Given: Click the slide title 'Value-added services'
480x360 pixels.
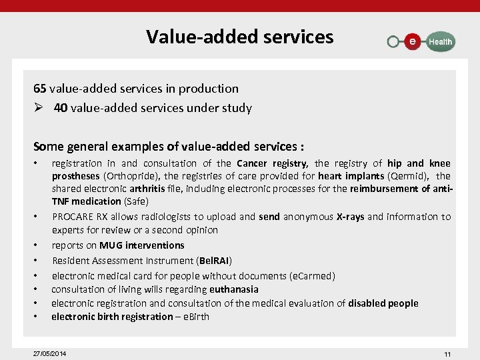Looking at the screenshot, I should [240, 36].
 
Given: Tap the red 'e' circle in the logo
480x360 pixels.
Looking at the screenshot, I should [413, 41].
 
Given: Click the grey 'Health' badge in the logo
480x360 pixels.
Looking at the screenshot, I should [439, 41].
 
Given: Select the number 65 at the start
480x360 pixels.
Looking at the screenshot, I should [40, 88].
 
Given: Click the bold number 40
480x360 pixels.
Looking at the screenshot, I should [61, 107].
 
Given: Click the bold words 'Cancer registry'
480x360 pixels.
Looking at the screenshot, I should [272, 163].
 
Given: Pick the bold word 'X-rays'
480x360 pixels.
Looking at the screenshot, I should [350, 217].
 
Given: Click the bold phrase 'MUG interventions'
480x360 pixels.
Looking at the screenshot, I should [141, 245].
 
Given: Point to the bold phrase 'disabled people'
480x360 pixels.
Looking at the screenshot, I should [383, 303].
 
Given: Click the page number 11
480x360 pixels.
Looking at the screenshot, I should [447, 353].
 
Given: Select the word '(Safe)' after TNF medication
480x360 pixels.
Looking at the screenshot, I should [136, 201].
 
